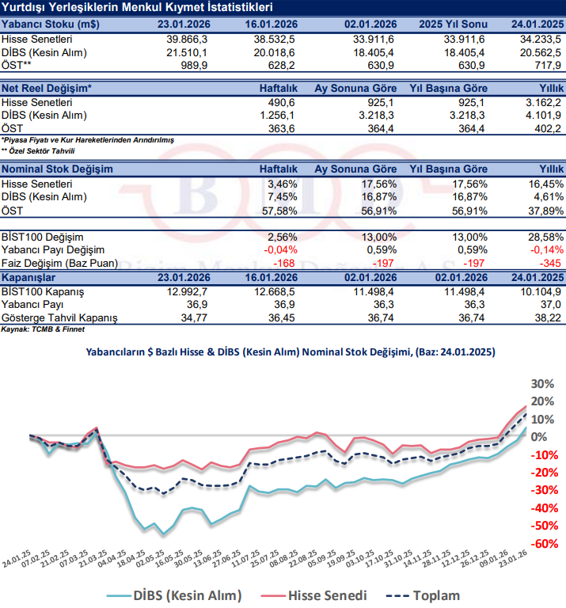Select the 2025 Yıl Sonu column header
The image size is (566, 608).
451,24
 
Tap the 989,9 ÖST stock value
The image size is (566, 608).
193,65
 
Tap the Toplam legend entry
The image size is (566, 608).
429,595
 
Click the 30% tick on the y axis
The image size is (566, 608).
541,383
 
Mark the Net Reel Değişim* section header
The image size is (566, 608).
47,89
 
